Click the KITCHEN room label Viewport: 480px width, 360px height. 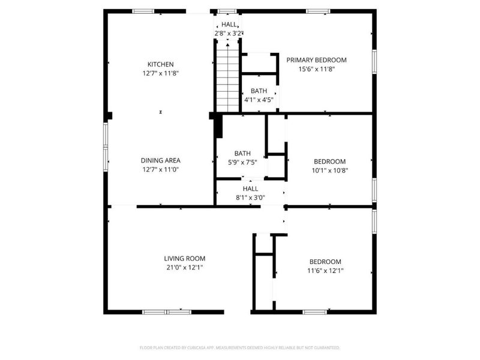point(161,64)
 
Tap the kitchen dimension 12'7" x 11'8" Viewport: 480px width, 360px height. point(161,73)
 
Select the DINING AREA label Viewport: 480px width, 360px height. point(160,160)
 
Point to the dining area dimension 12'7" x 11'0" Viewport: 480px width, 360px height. point(160,169)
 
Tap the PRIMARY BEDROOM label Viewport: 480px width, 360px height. point(316,60)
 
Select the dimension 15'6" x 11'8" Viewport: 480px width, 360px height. point(316,69)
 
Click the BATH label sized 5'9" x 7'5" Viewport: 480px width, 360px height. point(242,153)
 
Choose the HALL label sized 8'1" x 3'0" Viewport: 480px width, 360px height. point(250,188)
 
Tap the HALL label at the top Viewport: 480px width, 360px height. point(229,25)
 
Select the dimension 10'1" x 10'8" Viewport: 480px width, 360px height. point(329,170)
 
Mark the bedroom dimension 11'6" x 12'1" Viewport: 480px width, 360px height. point(325,271)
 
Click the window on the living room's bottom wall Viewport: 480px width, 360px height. point(166,312)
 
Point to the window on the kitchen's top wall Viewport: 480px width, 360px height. point(143,11)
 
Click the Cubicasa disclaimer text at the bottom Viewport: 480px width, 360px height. point(240,347)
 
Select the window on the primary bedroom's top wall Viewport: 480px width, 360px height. point(318,11)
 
